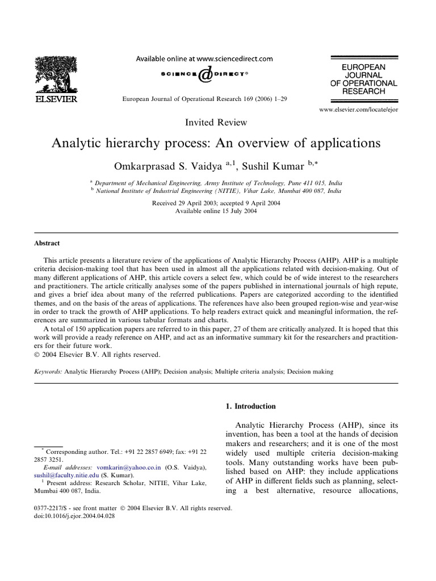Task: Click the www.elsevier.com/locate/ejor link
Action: (x=358, y=109)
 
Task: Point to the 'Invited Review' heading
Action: (x=216, y=122)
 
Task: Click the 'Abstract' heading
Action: (x=47, y=243)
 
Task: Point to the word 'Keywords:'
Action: (x=48, y=372)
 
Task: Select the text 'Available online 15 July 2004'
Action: (x=216, y=211)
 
